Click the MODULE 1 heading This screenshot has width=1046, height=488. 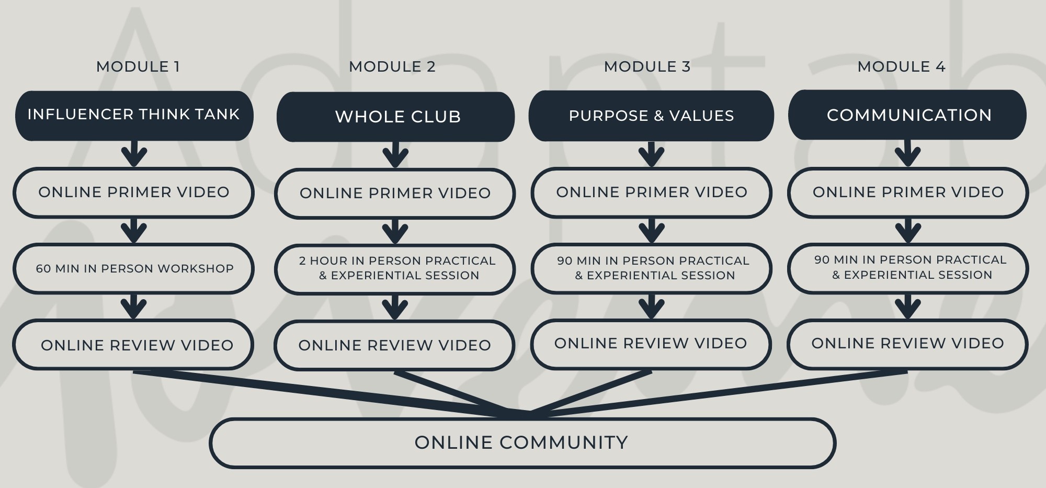tap(138, 67)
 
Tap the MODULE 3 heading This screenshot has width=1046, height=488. tap(647, 67)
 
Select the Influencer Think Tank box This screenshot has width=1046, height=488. tap(134, 115)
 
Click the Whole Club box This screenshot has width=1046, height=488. tap(395, 117)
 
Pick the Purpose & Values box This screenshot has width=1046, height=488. tap(651, 116)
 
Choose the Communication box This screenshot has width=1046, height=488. tap(907, 115)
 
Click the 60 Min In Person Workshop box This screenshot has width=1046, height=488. tap(134, 268)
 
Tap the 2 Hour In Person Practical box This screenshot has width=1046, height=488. tap(395, 268)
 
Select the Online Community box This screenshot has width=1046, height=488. tap(521, 442)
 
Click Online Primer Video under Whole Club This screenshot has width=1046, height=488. tap(395, 193)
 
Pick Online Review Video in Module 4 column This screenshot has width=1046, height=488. tap(907, 344)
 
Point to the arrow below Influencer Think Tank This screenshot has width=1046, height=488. tap(134, 154)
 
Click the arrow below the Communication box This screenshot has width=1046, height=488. tap(907, 154)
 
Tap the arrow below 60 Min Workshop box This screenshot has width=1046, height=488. tap(134, 307)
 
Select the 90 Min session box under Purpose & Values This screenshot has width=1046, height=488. tap(651, 268)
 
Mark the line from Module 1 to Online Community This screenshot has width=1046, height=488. tap(314, 392)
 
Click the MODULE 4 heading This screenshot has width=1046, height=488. tap(901, 67)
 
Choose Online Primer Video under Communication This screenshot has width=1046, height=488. tap(907, 192)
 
